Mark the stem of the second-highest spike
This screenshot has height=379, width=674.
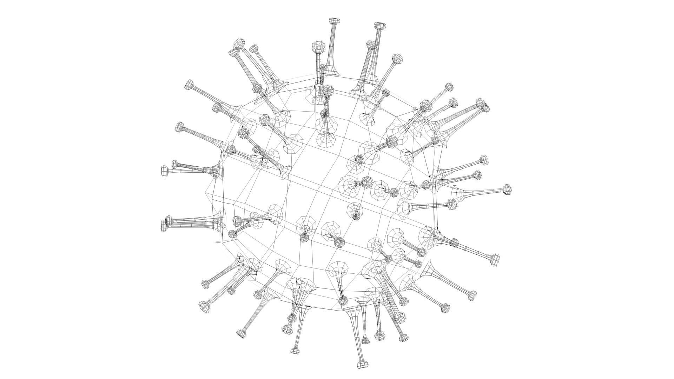[x=376, y=53]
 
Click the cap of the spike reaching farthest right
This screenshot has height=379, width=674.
[x=507, y=189]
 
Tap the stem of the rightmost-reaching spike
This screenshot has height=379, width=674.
[x=484, y=191]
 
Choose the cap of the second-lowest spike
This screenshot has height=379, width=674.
[x=295, y=351]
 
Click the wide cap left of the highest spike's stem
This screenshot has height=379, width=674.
[x=318, y=47]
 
